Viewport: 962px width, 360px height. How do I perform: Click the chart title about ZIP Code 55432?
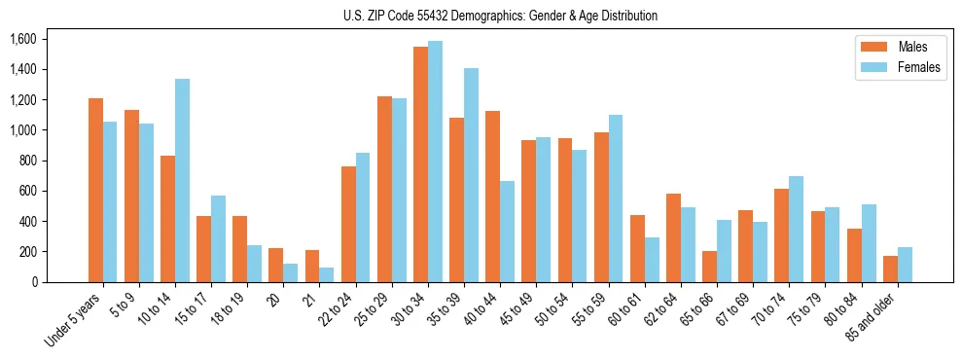(500, 16)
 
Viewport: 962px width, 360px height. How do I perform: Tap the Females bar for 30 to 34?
(435, 162)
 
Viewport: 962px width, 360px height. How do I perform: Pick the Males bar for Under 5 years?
(95, 190)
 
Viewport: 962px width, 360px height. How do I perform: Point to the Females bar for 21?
(327, 274)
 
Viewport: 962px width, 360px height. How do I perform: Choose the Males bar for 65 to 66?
(709, 267)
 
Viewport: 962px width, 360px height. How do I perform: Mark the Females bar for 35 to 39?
(471, 175)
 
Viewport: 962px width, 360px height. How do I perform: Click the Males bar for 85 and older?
(890, 269)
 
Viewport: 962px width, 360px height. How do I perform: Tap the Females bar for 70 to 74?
(796, 229)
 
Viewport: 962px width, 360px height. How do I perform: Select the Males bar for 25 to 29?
(384, 189)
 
